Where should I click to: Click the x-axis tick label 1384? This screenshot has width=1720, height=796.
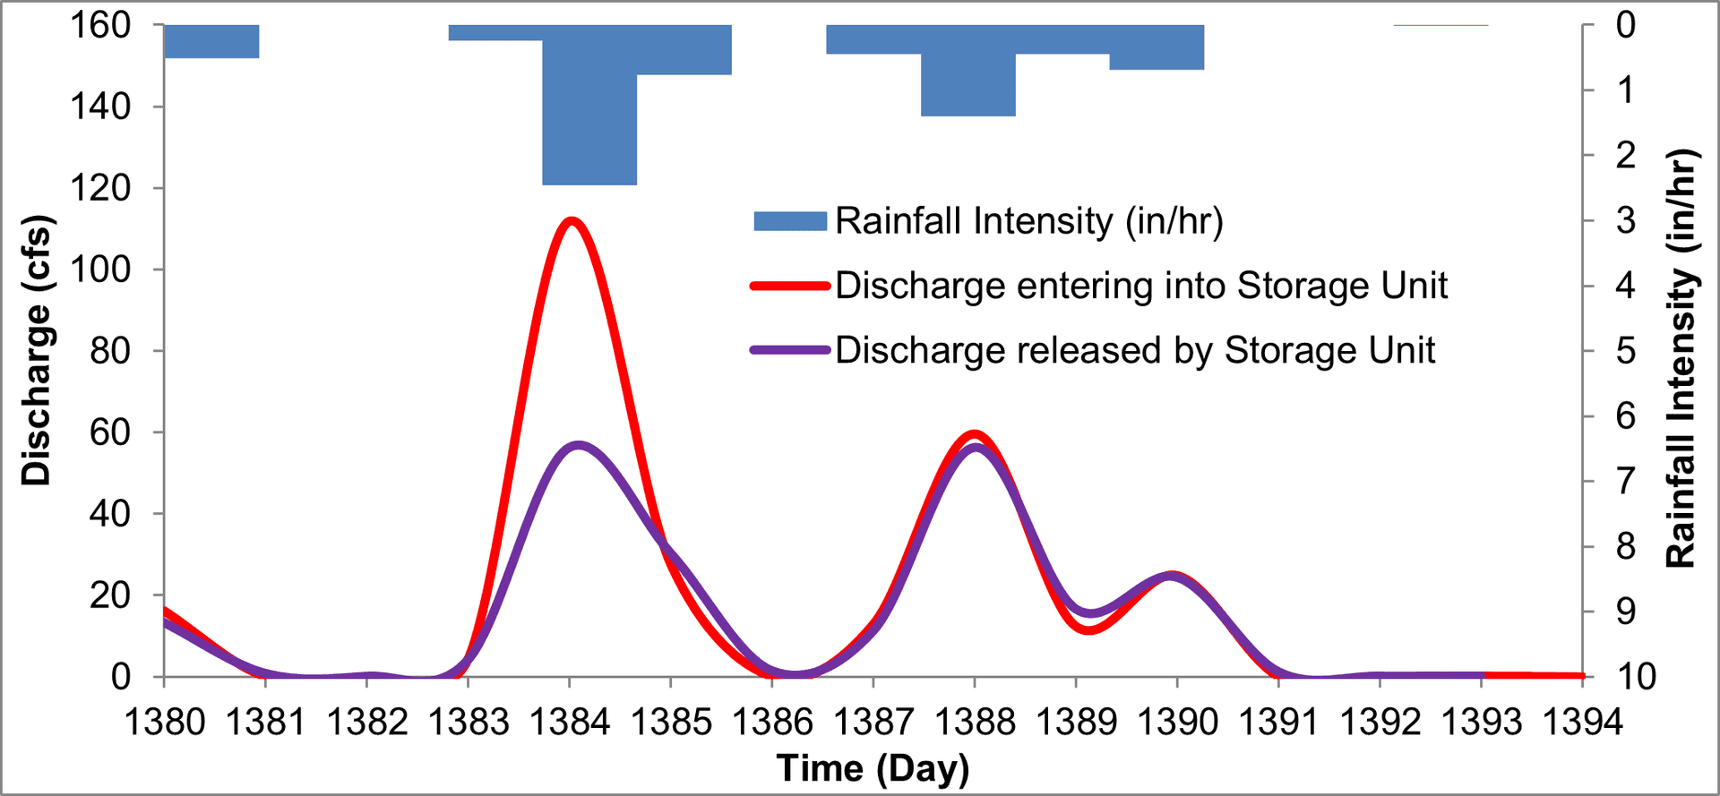pos(570,722)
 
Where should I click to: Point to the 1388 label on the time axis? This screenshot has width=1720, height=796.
pos(976,722)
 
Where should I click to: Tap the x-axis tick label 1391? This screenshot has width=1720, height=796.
pos(1278,722)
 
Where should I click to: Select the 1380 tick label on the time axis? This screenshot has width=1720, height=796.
pos(165,722)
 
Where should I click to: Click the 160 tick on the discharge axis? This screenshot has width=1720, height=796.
pos(100,26)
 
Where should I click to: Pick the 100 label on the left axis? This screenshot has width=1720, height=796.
pos(100,270)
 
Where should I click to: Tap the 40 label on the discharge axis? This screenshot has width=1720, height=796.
pos(109,514)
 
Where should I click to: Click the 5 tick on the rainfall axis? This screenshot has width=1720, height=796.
pos(1625,351)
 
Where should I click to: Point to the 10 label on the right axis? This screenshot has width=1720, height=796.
pos(1636,677)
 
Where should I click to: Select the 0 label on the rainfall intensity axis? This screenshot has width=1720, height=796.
pos(1625,25)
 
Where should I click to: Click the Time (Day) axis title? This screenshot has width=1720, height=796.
pos(873,768)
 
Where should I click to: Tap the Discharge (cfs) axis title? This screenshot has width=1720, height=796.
pos(37,351)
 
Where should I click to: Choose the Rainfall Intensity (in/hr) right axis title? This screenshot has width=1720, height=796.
pos(1681,358)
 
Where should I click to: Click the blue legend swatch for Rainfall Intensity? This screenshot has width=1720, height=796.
pos(789,221)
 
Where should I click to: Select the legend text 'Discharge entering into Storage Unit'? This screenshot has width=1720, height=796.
pos(1140,286)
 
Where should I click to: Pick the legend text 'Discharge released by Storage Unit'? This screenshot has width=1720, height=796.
pos(1134,350)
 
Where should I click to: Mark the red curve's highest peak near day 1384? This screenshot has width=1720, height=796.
pos(571,220)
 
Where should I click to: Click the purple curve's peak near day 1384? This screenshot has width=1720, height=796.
pos(579,445)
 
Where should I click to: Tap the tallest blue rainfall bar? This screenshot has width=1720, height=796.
pos(589,107)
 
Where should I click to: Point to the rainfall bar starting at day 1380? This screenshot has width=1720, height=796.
pos(211,41)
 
